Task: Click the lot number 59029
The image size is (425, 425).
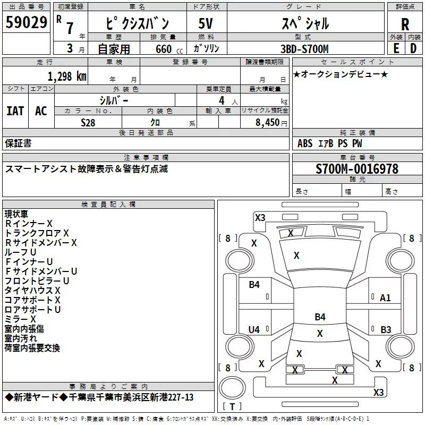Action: point(26,22)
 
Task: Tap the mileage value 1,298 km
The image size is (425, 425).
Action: point(67,76)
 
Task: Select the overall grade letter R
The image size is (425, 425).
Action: point(405,24)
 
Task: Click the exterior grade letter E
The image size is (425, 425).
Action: point(396,48)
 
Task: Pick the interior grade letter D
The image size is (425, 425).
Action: point(413,48)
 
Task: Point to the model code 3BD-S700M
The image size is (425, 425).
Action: point(304,49)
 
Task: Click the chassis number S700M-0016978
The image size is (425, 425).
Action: point(357,169)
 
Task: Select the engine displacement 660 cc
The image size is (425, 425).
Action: point(169,49)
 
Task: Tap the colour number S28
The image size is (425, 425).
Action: point(88,123)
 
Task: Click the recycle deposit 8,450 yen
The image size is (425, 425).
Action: point(271,123)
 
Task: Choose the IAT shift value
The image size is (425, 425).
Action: point(15,111)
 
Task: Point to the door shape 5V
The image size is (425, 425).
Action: point(206,23)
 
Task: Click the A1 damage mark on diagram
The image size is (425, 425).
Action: point(385,298)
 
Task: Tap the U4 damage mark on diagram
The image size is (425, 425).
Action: point(254,329)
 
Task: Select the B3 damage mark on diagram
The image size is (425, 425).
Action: point(386,329)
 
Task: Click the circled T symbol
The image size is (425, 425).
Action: point(232,388)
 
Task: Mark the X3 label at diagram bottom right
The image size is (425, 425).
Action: point(378,392)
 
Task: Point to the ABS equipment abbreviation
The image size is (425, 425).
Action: point(305,143)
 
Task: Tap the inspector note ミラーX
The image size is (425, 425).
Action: point(20,319)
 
